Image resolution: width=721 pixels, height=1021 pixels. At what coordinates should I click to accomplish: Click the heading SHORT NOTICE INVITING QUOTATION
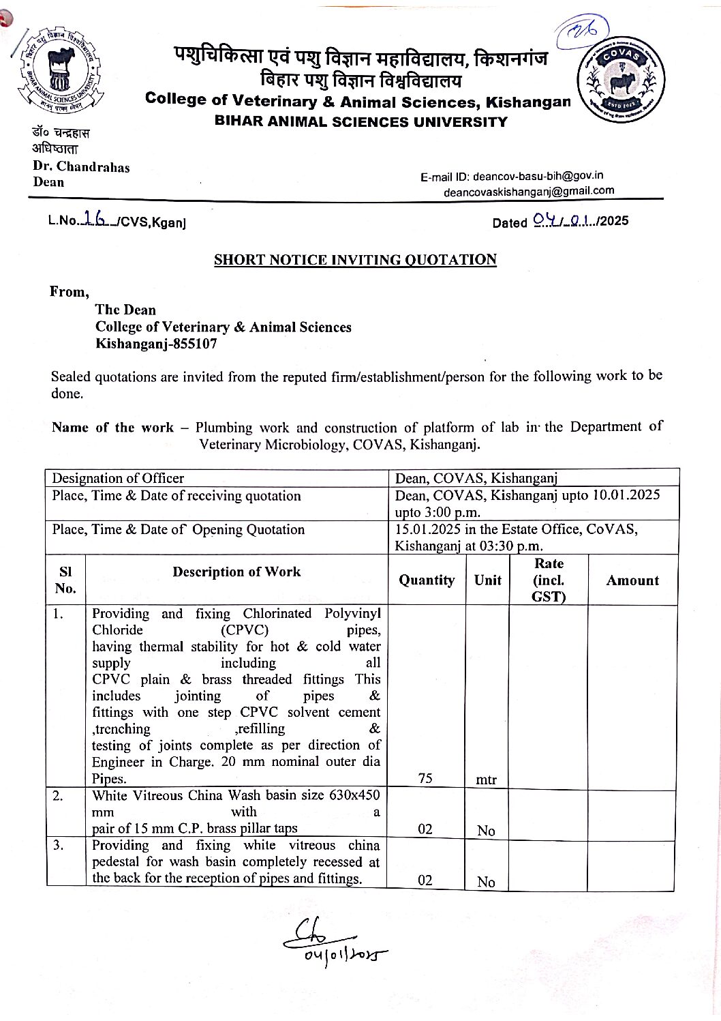(355, 260)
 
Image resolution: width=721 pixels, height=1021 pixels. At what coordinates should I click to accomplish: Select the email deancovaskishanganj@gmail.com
(529, 192)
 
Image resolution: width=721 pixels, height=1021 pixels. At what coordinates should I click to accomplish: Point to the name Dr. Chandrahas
(81, 167)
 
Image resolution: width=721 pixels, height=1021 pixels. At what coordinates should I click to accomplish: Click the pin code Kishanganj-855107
(156, 344)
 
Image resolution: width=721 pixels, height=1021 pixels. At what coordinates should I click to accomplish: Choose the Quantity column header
(427, 580)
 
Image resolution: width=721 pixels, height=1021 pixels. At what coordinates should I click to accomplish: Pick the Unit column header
(487, 580)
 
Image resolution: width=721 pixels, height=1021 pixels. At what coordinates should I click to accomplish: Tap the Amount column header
(632, 580)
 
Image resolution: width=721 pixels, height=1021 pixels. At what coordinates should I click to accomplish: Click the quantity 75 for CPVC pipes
(425, 778)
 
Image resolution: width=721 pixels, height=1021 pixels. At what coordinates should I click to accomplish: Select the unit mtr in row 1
(486, 780)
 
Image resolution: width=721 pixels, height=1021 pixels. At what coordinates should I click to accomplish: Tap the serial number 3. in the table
(59, 845)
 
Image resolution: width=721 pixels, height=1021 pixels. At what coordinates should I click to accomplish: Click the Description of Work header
(236, 572)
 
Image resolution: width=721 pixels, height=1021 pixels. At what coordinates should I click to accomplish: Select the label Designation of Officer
(118, 479)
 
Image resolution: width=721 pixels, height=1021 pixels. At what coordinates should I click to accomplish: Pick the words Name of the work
(112, 428)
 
